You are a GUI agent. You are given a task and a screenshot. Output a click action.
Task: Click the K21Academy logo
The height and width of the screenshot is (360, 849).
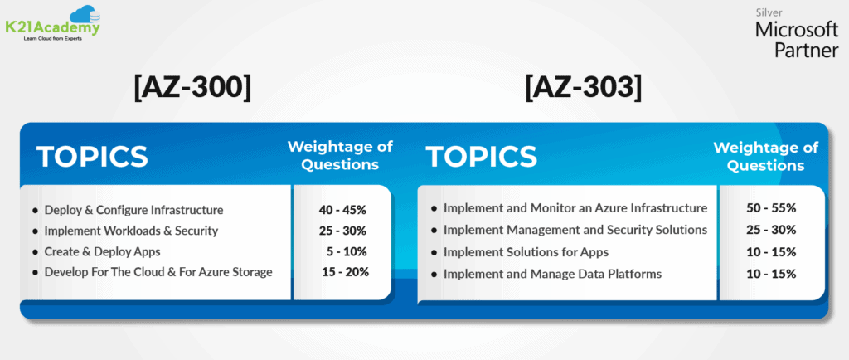tap(52, 24)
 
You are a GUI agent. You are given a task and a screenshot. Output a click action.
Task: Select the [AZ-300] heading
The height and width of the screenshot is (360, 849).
tap(192, 88)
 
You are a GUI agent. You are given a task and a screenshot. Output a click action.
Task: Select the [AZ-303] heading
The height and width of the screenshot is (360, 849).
tap(583, 88)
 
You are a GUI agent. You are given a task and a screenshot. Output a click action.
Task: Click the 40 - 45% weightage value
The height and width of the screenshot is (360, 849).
tap(343, 210)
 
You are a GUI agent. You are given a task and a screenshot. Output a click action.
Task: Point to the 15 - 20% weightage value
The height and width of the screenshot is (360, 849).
tap(346, 272)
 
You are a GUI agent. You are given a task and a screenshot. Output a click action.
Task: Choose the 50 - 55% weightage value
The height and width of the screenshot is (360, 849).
tap(771, 208)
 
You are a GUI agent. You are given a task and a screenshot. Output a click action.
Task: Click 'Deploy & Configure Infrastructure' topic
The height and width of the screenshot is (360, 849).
tap(133, 210)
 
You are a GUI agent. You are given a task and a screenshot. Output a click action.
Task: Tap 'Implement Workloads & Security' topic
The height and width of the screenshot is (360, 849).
tap(131, 231)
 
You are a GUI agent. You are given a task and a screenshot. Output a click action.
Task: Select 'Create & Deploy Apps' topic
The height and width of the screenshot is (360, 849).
tap(102, 251)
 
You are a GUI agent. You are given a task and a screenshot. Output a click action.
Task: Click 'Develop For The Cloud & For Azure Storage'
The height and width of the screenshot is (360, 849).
tap(158, 272)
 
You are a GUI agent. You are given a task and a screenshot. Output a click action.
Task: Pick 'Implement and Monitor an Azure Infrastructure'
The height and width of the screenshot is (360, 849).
tap(575, 208)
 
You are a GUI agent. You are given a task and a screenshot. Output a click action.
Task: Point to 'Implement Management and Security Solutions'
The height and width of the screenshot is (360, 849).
tap(575, 230)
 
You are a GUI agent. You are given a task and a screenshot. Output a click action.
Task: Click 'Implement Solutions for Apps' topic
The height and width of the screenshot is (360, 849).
tap(526, 252)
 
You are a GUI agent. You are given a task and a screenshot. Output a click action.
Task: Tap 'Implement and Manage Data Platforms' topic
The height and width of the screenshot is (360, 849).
tap(552, 274)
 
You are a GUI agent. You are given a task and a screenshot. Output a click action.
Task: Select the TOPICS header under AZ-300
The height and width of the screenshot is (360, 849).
tap(92, 157)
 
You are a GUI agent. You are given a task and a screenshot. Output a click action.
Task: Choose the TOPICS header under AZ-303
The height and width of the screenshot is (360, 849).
tap(482, 157)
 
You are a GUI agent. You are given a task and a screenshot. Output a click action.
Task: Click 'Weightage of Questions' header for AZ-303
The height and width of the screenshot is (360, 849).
tap(765, 157)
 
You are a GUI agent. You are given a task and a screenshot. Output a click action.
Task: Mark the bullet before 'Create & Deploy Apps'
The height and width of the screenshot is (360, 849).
tap(35, 252)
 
